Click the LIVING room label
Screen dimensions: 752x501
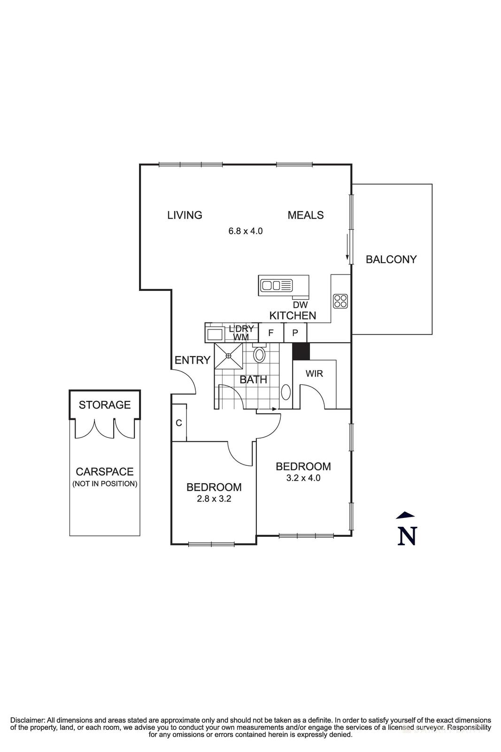click(x=185, y=215)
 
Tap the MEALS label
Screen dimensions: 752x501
click(x=305, y=215)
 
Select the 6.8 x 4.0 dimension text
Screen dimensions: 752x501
click(x=245, y=231)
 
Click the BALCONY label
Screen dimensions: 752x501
click(x=391, y=259)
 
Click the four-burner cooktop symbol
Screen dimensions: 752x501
click(x=340, y=301)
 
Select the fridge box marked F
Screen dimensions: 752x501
click(x=271, y=333)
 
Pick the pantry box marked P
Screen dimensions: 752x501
click(x=295, y=333)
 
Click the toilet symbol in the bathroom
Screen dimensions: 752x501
click(x=259, y=354)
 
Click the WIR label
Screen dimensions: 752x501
click(x=314, y=374)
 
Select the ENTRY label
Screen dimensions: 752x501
click(x=192, y=360)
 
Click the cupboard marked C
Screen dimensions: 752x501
click(x=179, y=423)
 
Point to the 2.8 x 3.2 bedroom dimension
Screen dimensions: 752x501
click(x=214, y=499)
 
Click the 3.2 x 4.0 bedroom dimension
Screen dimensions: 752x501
click(x=303, y=478)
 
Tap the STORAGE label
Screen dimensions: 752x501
click(x=105, y=405)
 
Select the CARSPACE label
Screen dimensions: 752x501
click(x=105, y=472)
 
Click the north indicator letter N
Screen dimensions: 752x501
click(x=407, y=536)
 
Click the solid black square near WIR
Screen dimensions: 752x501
click(x=301, y=352)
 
